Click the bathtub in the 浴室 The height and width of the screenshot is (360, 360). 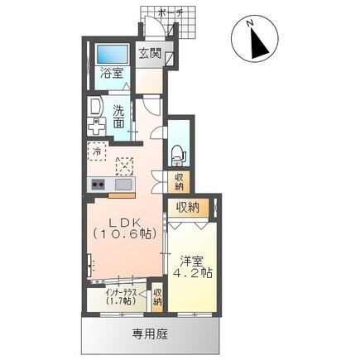click(113, 54)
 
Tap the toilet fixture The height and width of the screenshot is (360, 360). click(178, 156)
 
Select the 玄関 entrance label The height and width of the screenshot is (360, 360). click(150, 54)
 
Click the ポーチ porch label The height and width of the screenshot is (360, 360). click(170, 13)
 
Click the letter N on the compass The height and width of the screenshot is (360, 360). click(251, 23)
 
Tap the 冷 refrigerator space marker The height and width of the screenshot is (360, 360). click(97, 151)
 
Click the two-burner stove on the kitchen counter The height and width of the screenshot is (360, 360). click(98, 184)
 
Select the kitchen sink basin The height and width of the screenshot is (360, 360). click(123, 185)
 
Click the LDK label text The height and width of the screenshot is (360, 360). click(125, 223)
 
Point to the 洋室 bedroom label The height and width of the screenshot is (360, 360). click(192, 261)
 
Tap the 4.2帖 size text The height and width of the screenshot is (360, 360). click(193, 273)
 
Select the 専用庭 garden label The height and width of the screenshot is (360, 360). click(150, 334)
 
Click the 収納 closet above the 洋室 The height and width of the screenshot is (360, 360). click(188, 207)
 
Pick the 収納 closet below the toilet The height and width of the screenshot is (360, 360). click(179, 182)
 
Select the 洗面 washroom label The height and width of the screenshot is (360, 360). click(118, 117)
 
